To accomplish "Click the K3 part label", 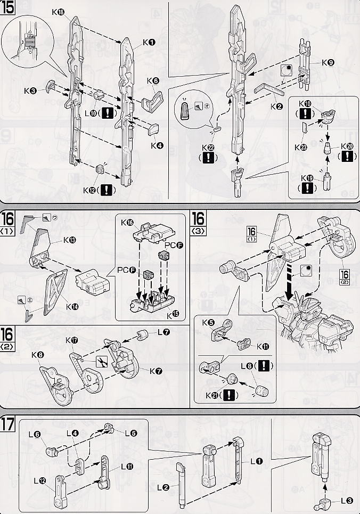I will click(30, 91).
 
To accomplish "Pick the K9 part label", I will click(328, 62).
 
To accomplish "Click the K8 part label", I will click(37, 355).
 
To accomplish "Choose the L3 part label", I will click(346, 500).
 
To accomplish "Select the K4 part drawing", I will click(153, 129).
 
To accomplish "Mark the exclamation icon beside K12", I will click(108, 190).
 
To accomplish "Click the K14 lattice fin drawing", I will click(55, 289).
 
